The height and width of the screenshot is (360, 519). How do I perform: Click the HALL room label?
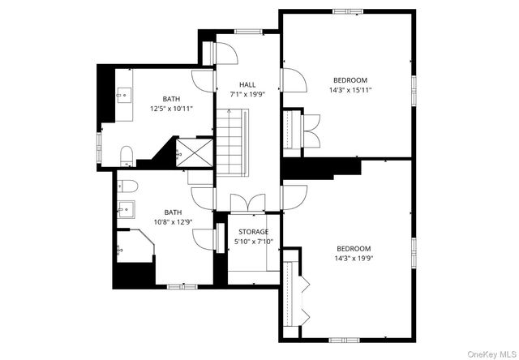pyautogui.click(x=247, y=84)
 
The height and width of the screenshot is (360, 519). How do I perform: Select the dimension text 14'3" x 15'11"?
pyautogui.click(x=350, y=91)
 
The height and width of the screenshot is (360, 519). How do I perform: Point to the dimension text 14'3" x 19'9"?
pyautogui.click(x=354, y=259)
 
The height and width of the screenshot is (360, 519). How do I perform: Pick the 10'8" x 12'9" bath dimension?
pyautogui.click(x=173, y=222)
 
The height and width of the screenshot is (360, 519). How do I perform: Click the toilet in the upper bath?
pyautogui.click(x=127, y=155)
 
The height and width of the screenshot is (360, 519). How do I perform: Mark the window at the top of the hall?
pyautogui.click(x=247, y=31)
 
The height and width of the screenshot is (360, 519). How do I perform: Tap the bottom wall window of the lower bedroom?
pyautogui.click(x=345, y=338)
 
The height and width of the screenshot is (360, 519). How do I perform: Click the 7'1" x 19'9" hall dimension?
pyautogui.click(x=247, y=94)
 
